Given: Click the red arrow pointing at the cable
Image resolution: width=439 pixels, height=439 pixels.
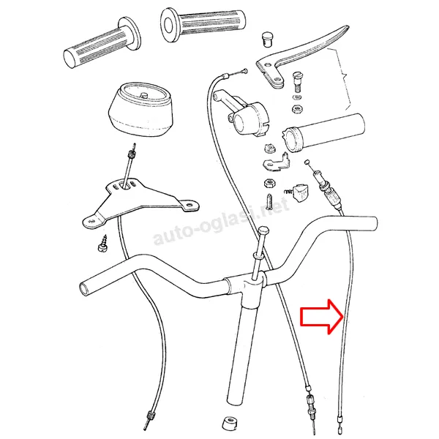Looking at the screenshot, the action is [x=321, y=317].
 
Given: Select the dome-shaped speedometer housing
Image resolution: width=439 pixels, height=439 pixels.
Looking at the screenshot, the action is [x=140, y=110].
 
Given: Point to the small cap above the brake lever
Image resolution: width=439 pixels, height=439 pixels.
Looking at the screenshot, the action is [x=267, y=40].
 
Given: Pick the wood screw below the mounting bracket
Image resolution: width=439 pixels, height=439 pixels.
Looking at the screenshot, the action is [x=102, y=244].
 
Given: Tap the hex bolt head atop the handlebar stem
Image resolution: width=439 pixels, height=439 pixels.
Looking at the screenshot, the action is [x=264, y=232].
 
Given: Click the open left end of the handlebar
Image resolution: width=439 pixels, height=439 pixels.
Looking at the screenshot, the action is [x=83, y=288].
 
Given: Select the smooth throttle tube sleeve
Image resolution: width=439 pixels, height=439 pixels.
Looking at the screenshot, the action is [x=325, y=132].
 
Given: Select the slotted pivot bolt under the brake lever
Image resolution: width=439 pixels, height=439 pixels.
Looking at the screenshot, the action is [x=297, y=81].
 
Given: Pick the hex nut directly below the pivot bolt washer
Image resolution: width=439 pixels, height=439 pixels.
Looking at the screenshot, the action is [x=296, y=108].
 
